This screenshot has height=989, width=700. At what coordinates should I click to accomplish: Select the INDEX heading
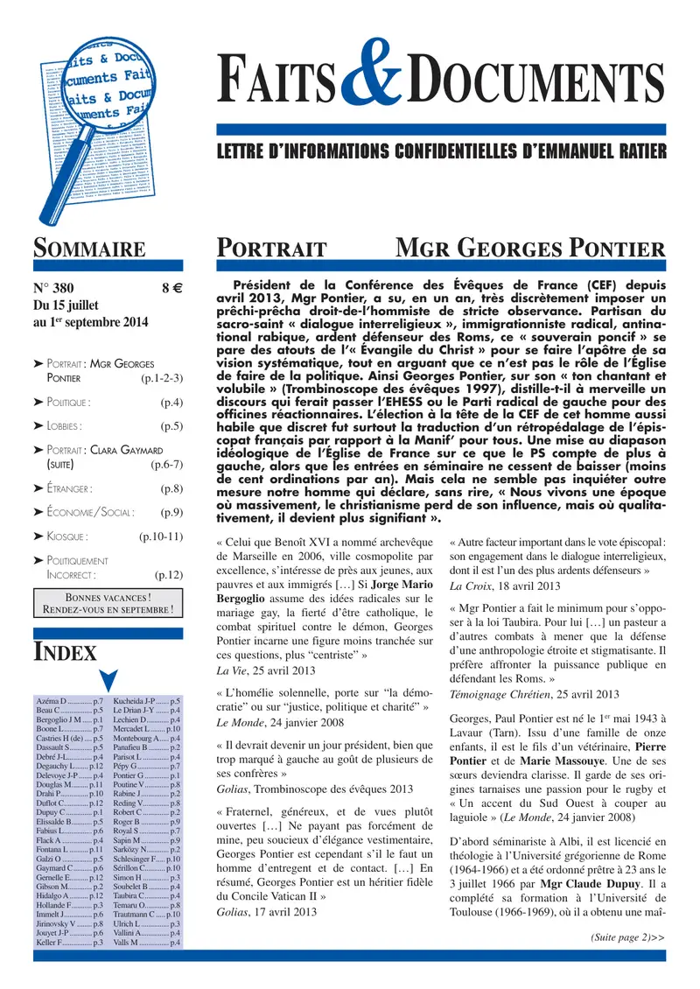pos(66,651)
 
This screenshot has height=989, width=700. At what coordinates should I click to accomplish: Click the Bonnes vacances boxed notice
pos(108,604)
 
